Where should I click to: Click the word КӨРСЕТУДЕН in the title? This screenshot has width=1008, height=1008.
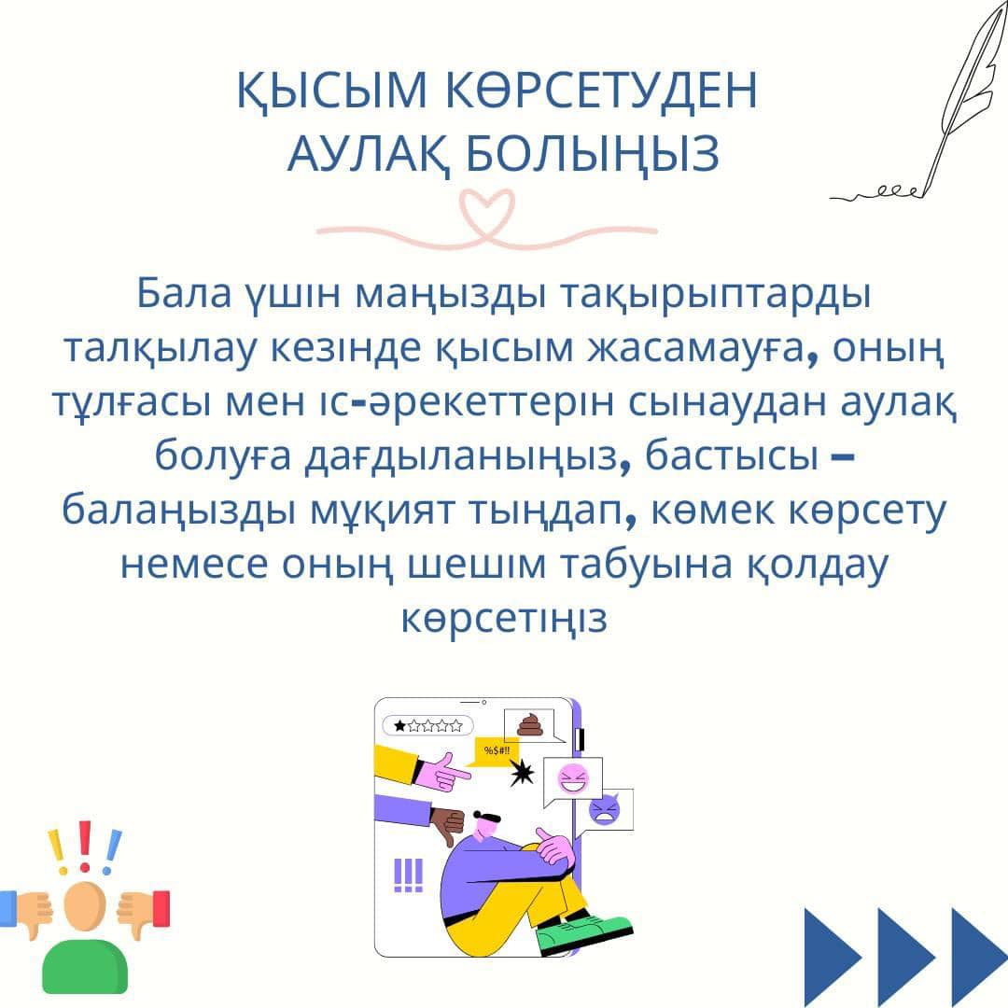[x=601, y=90]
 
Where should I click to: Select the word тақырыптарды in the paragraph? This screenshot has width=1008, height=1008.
[x=716, y=295]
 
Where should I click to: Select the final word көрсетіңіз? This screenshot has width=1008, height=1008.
[x=504, y=619]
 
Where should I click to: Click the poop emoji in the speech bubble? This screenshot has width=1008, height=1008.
[x=531, y=724]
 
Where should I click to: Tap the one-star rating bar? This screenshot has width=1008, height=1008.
[x=428, y=726]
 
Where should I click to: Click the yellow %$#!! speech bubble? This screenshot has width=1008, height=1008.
[x=496, y=750]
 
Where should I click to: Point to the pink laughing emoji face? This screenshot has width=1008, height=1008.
[x=573, y=779]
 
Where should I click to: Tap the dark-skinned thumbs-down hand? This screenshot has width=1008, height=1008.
[x=447, y=825]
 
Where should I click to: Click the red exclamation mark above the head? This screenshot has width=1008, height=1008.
[x=85, y=846]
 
